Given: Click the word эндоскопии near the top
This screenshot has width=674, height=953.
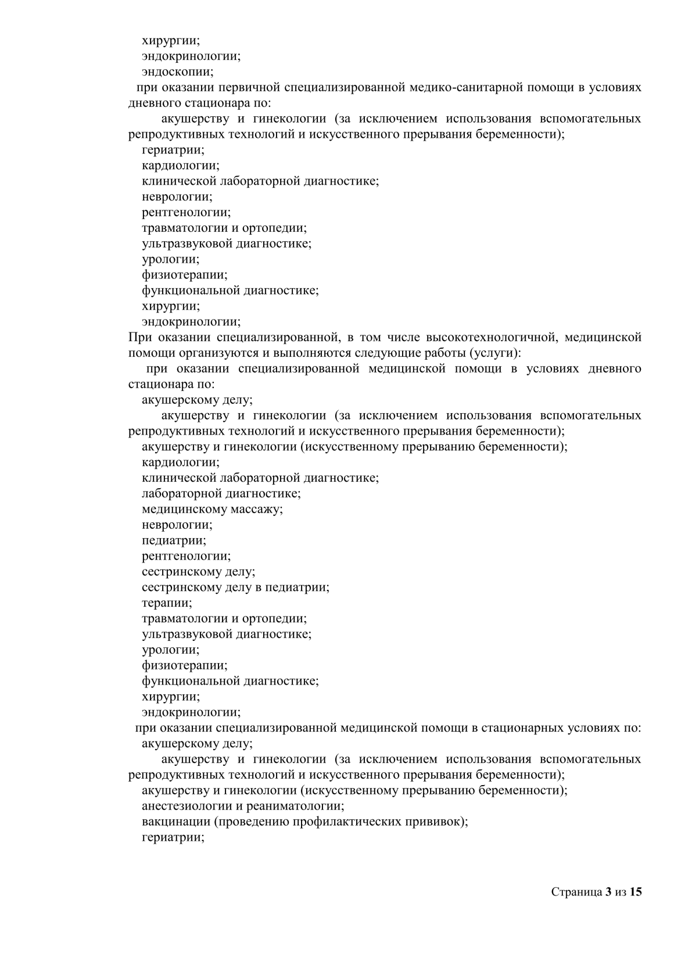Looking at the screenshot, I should pos(177,72).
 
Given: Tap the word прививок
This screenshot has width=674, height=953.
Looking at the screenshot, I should pos(440,822).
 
